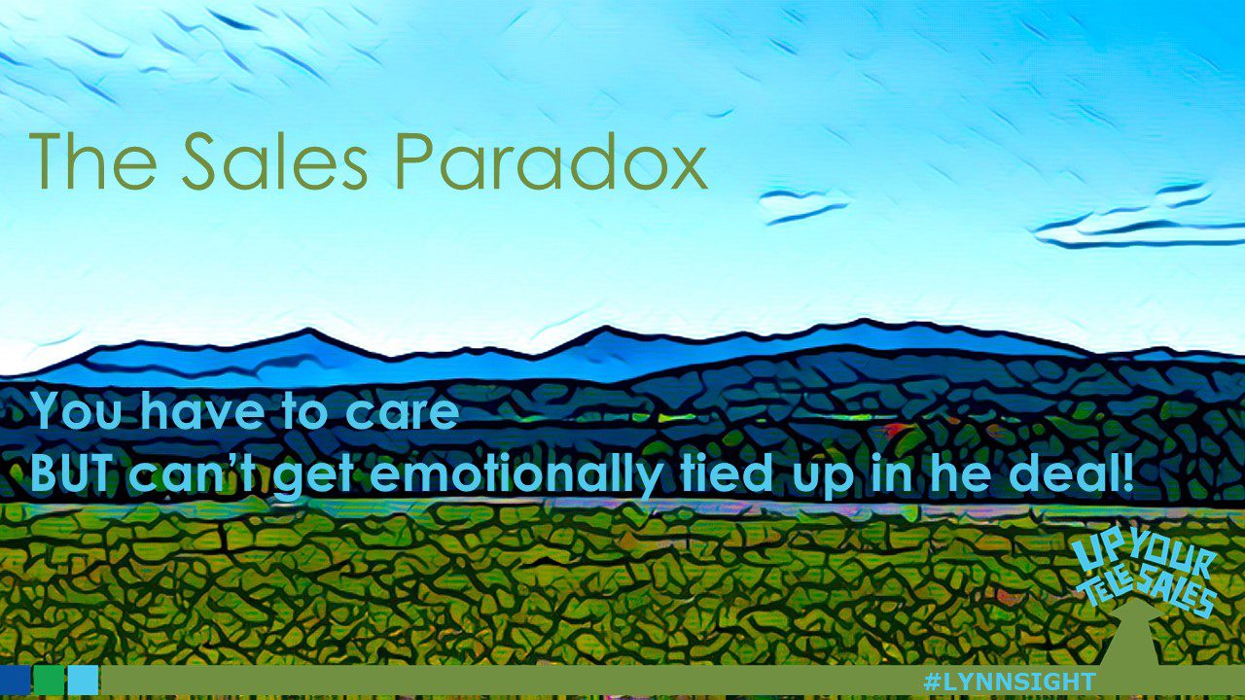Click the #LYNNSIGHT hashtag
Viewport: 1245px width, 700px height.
pos(1009,682)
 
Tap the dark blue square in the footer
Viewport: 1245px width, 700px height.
pos(15,681)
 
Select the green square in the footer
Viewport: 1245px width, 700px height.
pos(49,681)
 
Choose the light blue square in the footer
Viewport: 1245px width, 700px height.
pos(84,681)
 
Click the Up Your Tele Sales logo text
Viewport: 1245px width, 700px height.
pos(1146,578)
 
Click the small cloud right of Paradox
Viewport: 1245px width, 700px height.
pos(801,205)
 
